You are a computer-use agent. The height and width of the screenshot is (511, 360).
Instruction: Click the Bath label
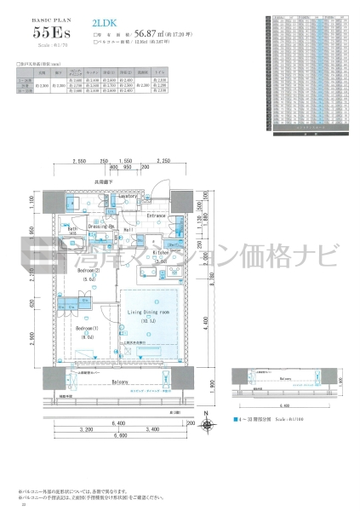coord(73,229)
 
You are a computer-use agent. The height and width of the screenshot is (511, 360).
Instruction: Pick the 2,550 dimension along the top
coord(82,161)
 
